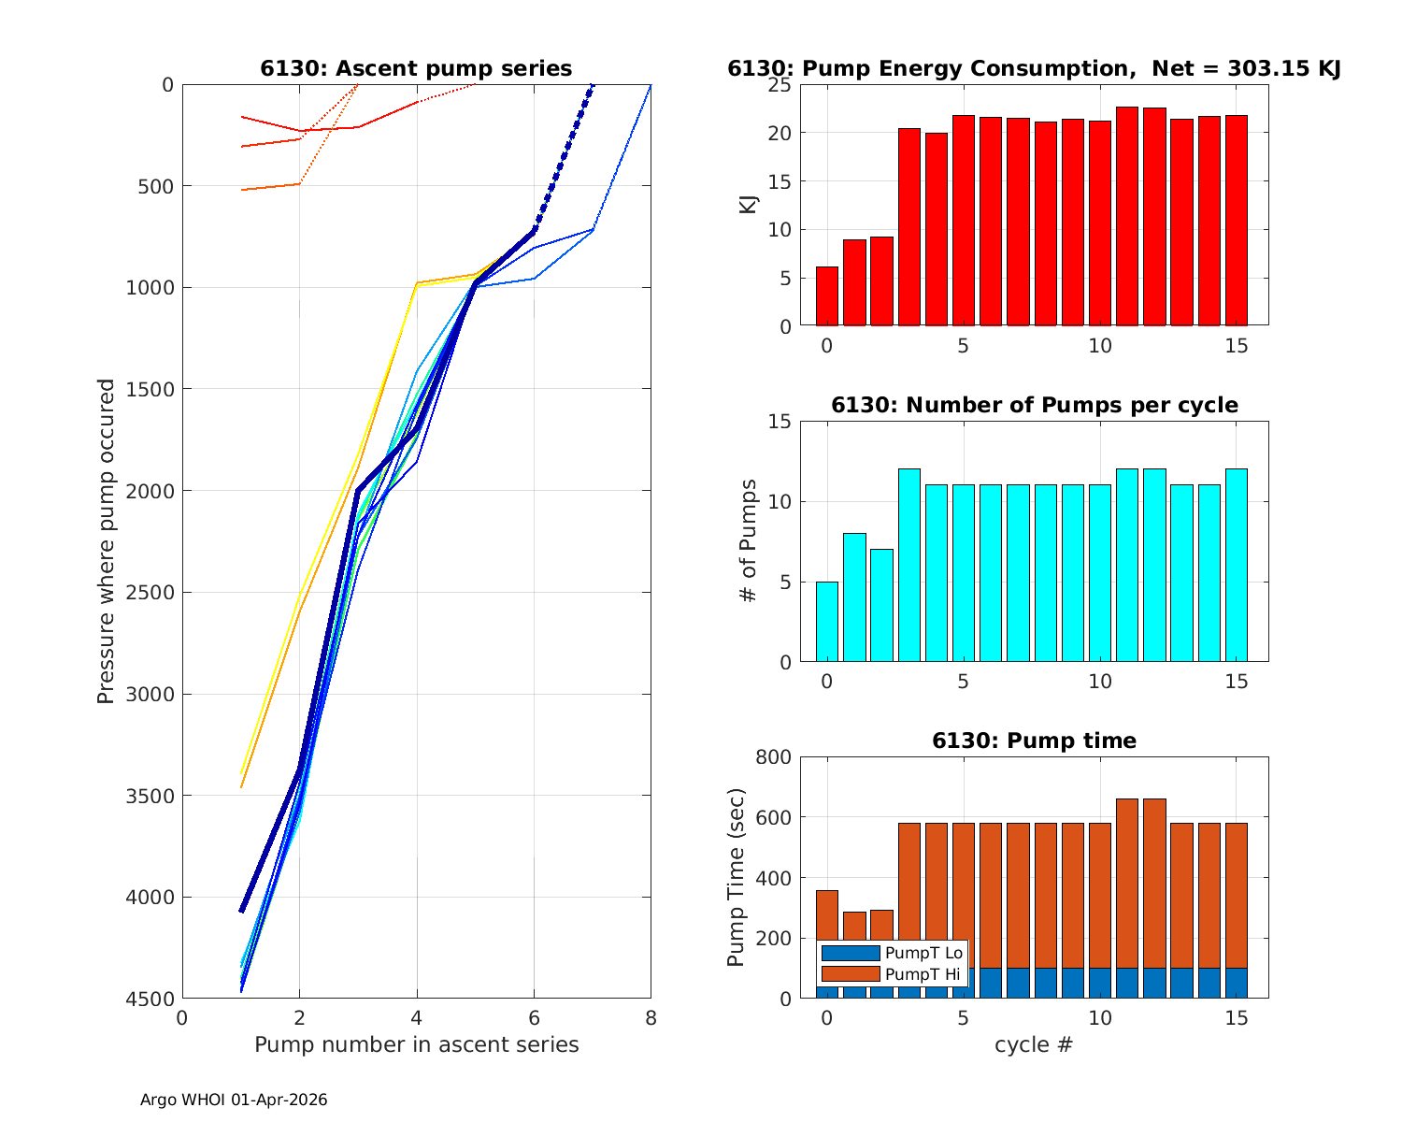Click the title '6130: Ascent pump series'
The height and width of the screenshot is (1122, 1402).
pyautogui.click(x=416, y=68)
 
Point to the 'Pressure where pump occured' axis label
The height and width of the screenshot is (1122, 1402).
pyautogui.click(x=107, y=541)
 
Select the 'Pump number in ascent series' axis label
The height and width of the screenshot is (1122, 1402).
pyautogui.click(x=416, y=1044)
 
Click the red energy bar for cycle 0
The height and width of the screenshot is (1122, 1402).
pyautogui.click(x=826, y=296)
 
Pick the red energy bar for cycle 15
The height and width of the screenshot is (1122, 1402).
pyautogui.click(x=1236, y=221)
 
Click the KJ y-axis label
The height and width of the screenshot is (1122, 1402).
pyautogui.click(x=749, y=205)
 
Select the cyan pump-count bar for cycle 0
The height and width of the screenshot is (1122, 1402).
pyautogui.click(x=826, y=622)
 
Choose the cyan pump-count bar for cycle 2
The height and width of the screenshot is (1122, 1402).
pyautogui.click(x=881, y=606)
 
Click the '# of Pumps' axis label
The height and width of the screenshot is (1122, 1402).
pyautogui.click(x=749, y=541)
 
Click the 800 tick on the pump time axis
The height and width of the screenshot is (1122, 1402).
pyautogui.click(x=777, y=757)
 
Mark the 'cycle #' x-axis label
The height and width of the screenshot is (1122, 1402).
pyautogui.click(x=1034, y=1044)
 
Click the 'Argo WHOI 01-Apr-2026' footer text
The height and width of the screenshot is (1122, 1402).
pyautogui.click(x=234, y=1100)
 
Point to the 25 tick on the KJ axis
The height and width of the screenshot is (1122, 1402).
pyautogui.click(x=780, y=85)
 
